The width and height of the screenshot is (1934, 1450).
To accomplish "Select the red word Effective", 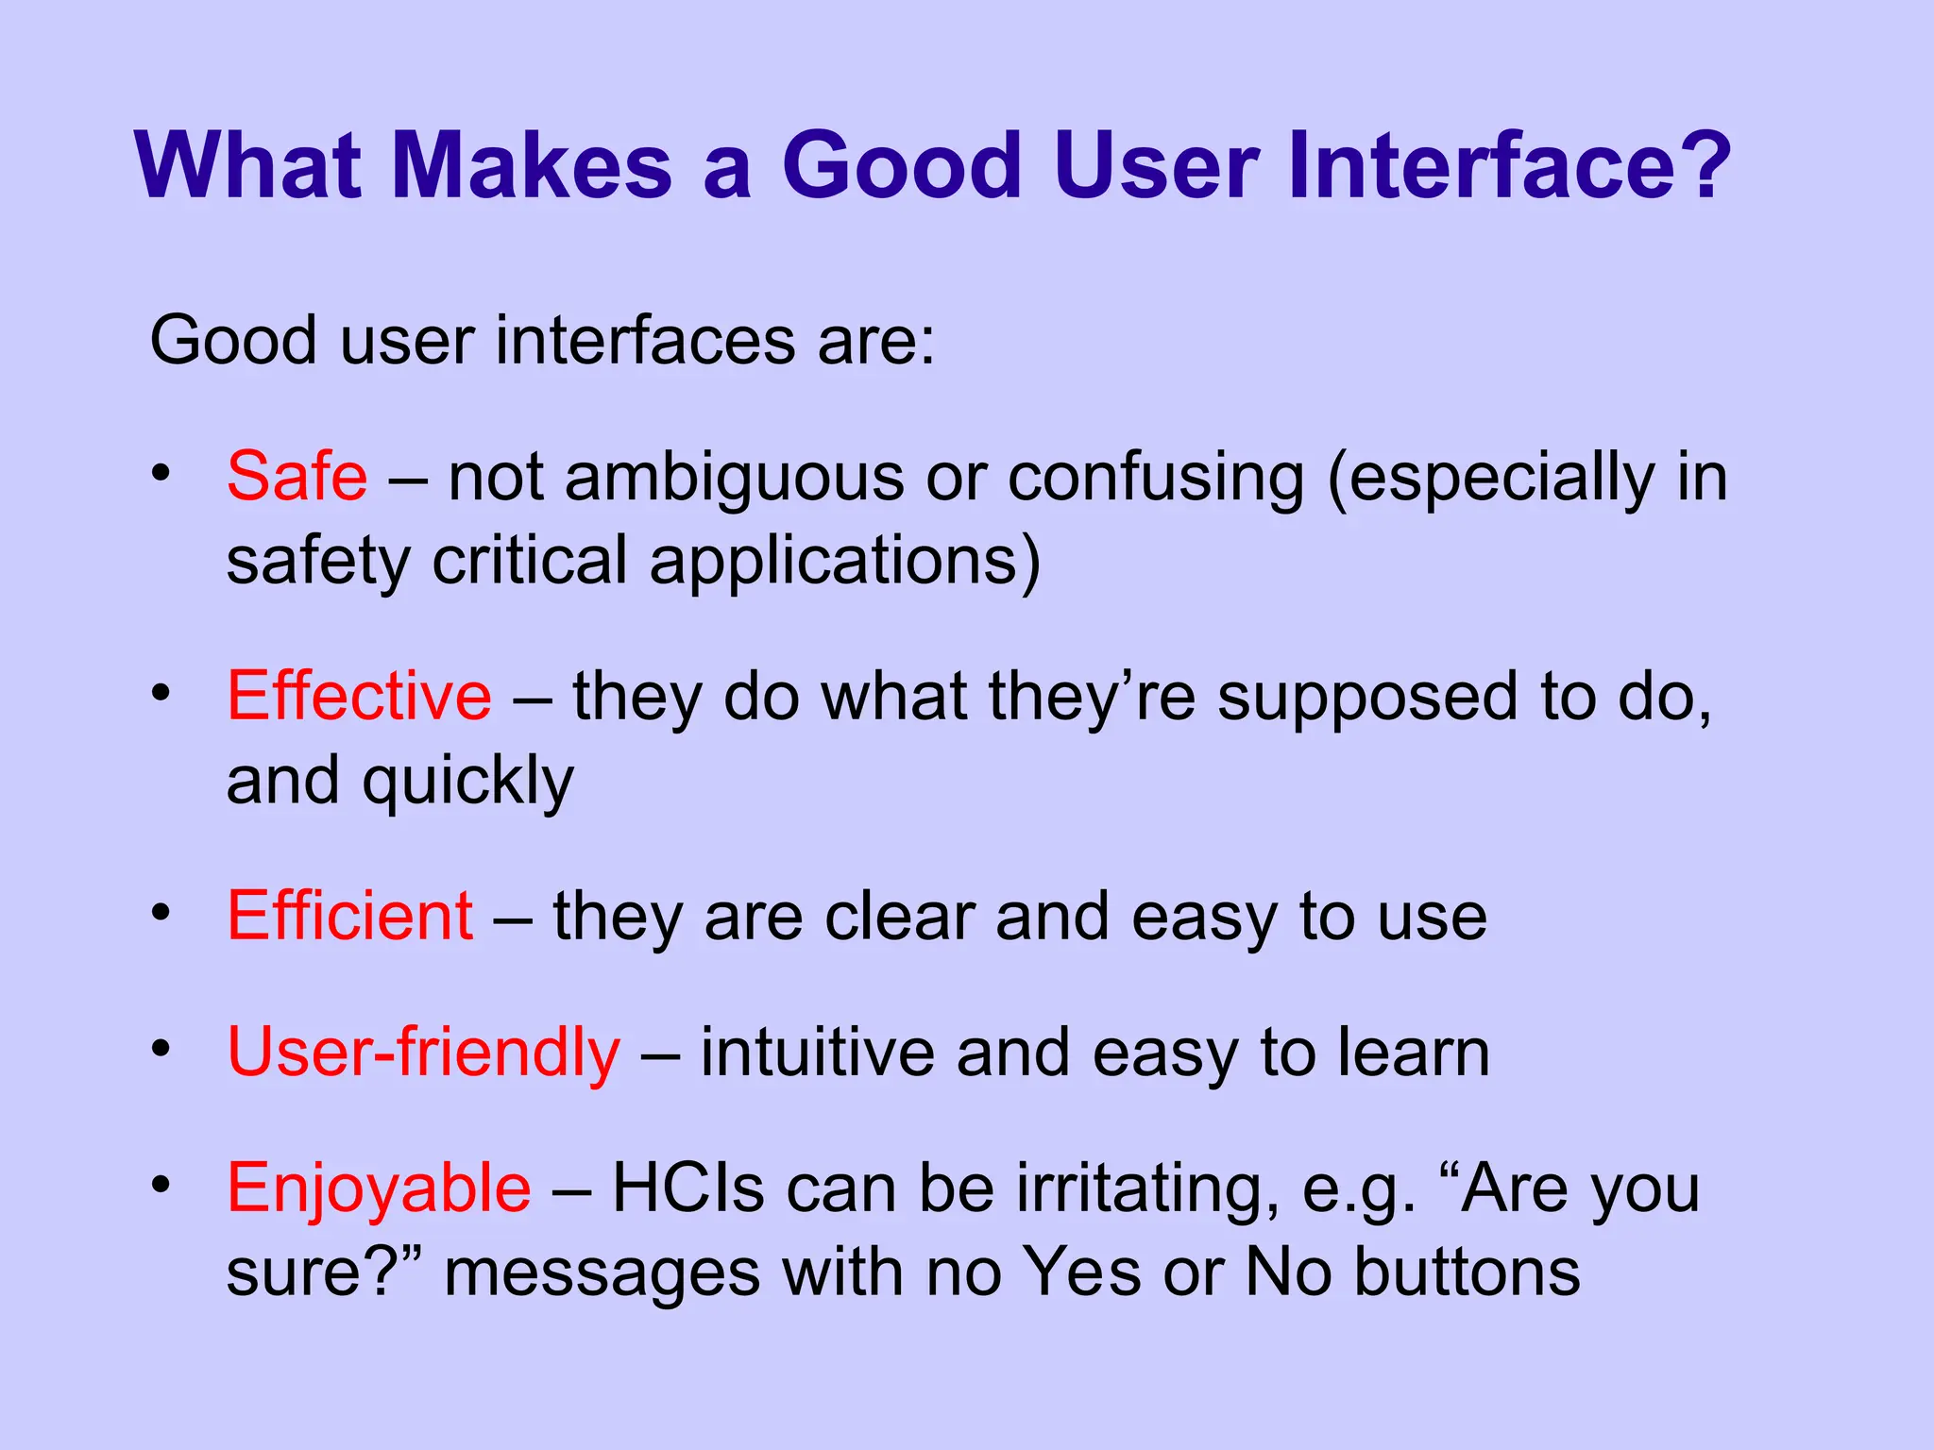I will point(359,697).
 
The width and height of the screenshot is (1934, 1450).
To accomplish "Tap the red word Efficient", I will point(349,916).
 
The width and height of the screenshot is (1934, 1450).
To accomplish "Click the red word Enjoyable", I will point(379,1189).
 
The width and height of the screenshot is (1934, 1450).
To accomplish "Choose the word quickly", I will point(468,782).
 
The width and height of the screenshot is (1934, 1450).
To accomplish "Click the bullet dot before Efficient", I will point(161,913).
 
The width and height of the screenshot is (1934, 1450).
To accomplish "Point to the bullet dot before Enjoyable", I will point(161,1185).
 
